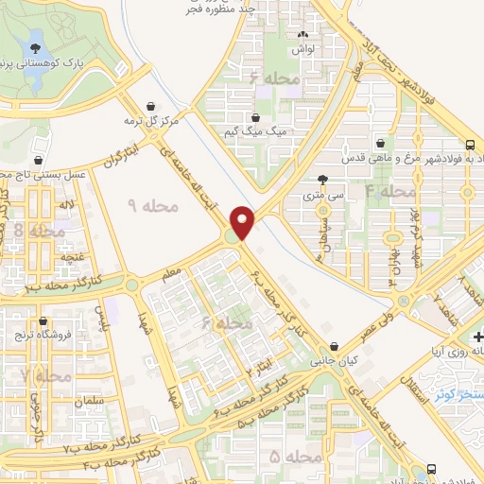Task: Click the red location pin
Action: (243, 222)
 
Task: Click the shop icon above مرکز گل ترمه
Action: (151, 106)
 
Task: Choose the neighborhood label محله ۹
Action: (146, 205)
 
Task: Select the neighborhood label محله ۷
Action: (41, 376)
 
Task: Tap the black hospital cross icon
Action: (478, 337)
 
